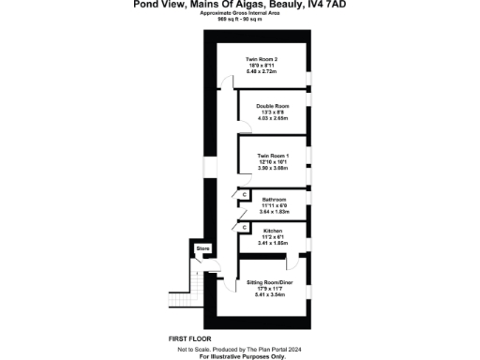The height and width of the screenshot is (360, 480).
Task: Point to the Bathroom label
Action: click(x=274, y=199)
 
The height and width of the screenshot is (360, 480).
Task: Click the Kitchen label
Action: click(x=273, y=230)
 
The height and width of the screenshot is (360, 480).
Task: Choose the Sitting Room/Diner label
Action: click(x=274, y=281)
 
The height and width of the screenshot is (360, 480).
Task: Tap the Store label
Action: click(x=202, y=248)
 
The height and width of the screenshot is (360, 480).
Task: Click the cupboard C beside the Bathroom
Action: click(x=244, y=195)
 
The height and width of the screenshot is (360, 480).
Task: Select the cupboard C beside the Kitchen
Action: click(x=244, y=226)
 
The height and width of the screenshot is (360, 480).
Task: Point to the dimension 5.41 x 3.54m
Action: click(x=274, y=294)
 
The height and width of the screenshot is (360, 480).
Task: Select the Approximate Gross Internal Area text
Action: click(x=244, y=13)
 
